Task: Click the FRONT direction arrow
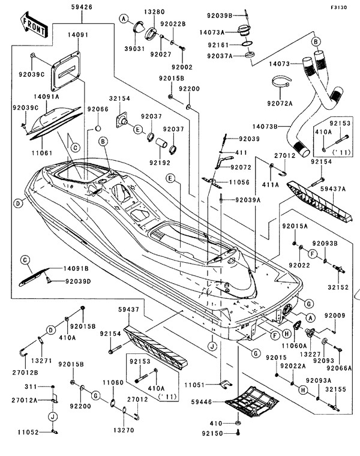[x=35, y=23]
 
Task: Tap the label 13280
[x=154, y=13]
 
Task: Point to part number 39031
[x=136, y=49]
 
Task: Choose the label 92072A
[x=281, y=103]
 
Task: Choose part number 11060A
[x=294, y=346]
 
